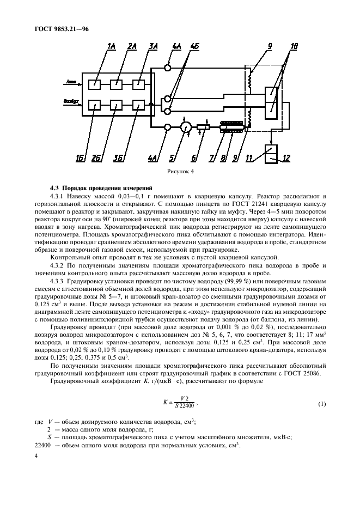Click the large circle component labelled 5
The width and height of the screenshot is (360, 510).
coord(185,127)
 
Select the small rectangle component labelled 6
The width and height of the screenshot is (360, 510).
coord(203,127)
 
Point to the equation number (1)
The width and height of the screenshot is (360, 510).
coord(321,403)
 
